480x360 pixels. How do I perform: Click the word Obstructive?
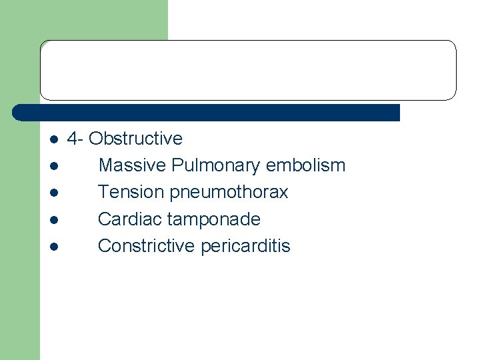[x=135, y=139]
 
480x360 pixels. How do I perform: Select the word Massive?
[x=132, y=165]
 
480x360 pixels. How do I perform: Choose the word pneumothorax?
[x=229, y=193]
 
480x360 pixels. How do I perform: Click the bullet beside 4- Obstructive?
[x=53, y=140]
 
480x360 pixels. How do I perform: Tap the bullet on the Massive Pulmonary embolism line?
[x=53, y=167]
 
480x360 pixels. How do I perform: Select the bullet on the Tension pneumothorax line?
[x=53, y=193]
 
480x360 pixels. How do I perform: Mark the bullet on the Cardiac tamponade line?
[x=53, y=220]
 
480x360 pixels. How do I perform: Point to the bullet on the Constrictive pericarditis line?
[x=53, y=247]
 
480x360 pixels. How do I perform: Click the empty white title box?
[x=248, y=70]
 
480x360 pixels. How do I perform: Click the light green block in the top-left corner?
[x=83, y=20]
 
